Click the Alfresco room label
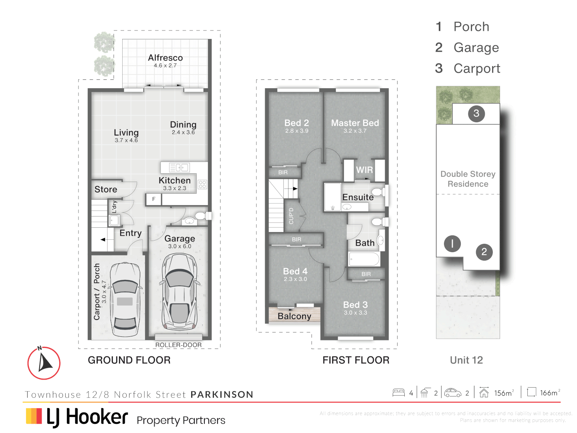click(165, 58)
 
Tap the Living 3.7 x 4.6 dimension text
click(126, 140)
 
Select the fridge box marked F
click(153, 199)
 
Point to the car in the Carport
click(125, 299)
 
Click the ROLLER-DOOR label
click(178, 345)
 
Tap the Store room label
click(106, 189)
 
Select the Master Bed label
click(355, 123)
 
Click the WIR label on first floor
click(364, 170)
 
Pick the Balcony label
click(294, 316)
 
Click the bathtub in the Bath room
click(364, 259)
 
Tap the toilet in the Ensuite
click(378, 191)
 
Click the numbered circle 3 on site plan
click(476, 113)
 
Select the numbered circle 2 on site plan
click(484, 252)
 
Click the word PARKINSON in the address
click(222, 395)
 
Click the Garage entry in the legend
click(476, 48)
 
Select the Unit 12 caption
click(466, 360)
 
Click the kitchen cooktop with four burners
click(202, 184)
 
